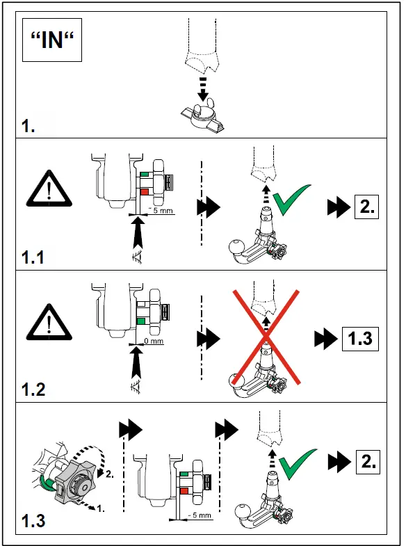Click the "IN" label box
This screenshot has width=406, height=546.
[x=52, y=40]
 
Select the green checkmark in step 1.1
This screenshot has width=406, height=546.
[x=291, y=200]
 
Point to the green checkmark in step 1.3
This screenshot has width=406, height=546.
[x=298, y=464]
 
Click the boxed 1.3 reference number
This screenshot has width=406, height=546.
[x=360, y=339]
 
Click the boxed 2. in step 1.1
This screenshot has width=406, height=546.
[x=366, y=207]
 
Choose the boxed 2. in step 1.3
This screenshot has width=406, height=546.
[x=368, y=462]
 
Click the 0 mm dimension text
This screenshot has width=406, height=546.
[x=154, y=341]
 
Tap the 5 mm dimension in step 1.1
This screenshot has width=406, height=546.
[x=161, y=210]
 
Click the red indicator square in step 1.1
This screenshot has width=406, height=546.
[x=145, y=192]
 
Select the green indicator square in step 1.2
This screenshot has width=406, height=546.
[x=141, y=321]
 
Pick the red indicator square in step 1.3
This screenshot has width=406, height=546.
[x=184, y=491]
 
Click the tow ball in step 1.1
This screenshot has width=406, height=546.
[x=238, y=247]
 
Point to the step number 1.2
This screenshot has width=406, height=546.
[x=33, y=390]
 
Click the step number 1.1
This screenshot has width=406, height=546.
[x=33, y=257]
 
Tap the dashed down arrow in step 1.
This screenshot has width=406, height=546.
[x=203, y=89]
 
